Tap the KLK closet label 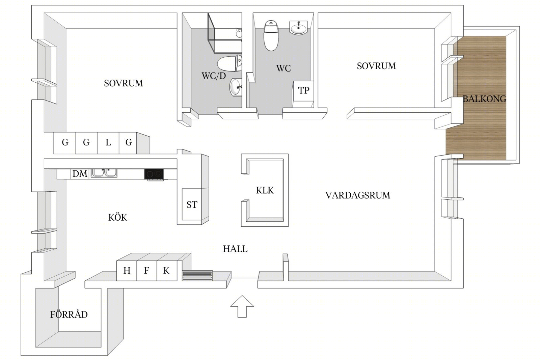coord(265,190)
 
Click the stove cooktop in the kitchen coord(154,174)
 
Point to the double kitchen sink coord(104,173)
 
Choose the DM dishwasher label coord(80,173)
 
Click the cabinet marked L coord(108,143)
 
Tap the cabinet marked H coord(127,271)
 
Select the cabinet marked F coord(146,271)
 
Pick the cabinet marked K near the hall coord(167,271)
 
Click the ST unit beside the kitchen coord(192,204)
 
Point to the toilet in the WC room coord(271,36)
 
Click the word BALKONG coord(484,99)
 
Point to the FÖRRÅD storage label coord(69,314)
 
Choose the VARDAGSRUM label coord(358,195)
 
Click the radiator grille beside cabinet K coord(197,276)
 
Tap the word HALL coord(235,249)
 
